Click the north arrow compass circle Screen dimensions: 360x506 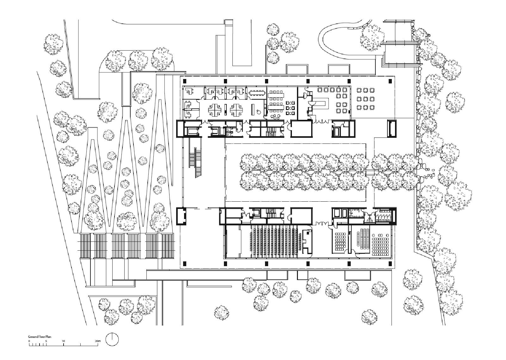click(x=112, y=339)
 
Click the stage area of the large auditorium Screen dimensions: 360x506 click(x=232, y=242)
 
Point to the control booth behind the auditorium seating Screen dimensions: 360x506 click(x=306, y=240)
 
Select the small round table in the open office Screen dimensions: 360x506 click(x=258, y=111)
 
